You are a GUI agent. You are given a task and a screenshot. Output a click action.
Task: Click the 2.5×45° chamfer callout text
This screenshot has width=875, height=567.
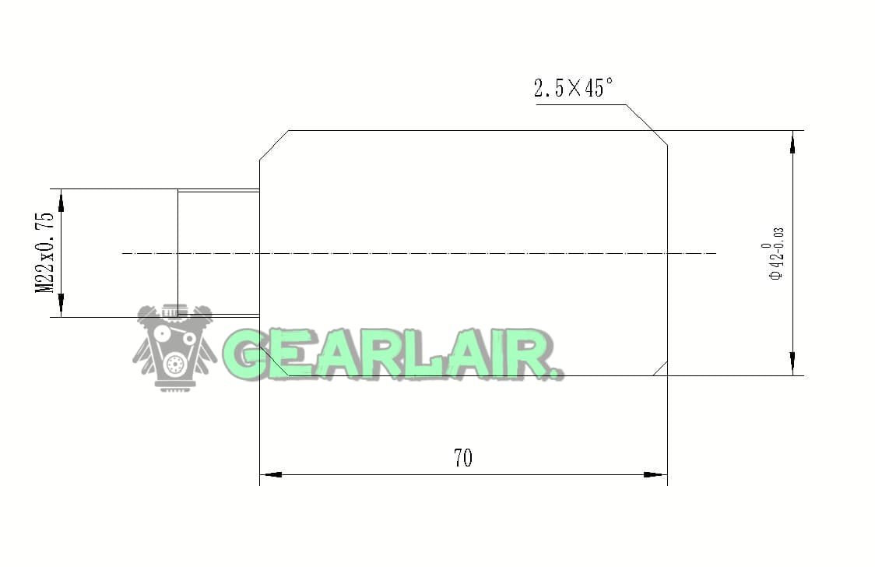pos(573,88)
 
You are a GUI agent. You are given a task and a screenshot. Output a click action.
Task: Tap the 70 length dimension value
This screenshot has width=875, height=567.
pos(463,458)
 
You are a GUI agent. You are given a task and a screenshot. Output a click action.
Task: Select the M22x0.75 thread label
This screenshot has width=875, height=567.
pos(45,252)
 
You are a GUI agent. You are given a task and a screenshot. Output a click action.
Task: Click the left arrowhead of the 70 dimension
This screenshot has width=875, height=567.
pos(271,475)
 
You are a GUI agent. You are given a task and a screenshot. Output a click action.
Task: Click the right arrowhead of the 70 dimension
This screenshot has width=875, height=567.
pos(655,475)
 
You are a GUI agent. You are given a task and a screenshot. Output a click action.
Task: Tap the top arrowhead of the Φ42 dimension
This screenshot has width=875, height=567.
pos(792,142)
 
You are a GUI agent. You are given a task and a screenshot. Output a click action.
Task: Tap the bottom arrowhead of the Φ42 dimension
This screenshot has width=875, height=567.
pos(792,364)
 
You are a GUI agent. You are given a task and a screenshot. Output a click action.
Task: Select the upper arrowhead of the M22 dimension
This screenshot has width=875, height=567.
pos(61,200)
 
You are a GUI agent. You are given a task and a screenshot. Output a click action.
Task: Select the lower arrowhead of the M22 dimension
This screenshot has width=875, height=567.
pos(61,306)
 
